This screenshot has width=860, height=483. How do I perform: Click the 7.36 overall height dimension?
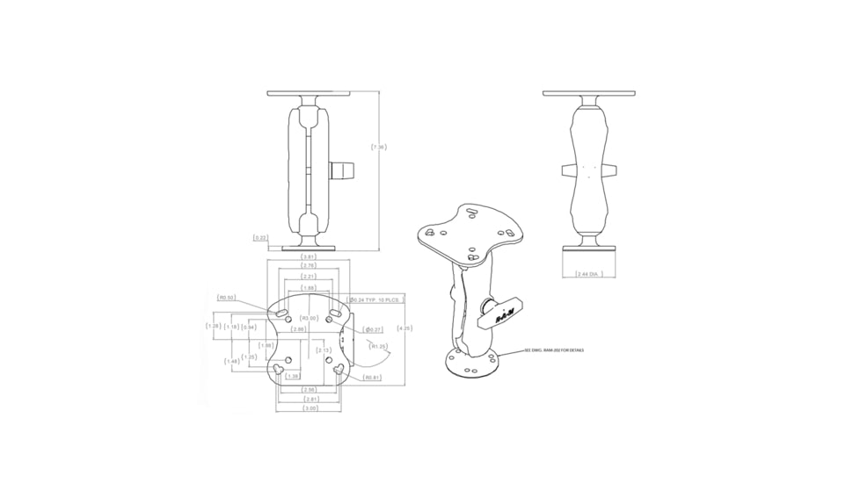click(x=379, y=147)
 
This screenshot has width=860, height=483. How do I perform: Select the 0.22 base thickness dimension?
click(x=260, y=238)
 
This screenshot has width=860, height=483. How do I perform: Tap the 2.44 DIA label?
click(x=588, y=274)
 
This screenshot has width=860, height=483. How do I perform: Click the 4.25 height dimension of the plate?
click(x=404, y=328)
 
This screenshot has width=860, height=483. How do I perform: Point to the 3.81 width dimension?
click(x=309, y=256)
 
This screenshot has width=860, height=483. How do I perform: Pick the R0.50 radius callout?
click(x=227, y=298)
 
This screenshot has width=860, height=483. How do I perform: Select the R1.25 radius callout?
click(x=379, y=346)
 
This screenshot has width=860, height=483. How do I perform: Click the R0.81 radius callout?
click(x=372, y=378)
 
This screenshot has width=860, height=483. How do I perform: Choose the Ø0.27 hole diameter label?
click(x=373, y=329)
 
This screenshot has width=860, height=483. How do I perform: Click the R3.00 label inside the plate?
click(x=309, y=318)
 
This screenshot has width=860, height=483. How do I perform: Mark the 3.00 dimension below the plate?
click(x=310, y=408)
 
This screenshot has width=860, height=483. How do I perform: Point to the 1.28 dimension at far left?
click(x=213, y=327)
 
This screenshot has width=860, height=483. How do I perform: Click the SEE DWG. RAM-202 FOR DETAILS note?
click(x=554, y=350)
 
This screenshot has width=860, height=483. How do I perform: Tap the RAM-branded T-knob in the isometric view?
click(x=498, y=314)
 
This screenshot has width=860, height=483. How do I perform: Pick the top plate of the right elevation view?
click(x=588, y=93)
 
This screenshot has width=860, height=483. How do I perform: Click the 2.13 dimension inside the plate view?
click(x=324, y=350)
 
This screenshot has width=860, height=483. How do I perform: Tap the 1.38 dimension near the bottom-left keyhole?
click(x=293, y=376)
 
